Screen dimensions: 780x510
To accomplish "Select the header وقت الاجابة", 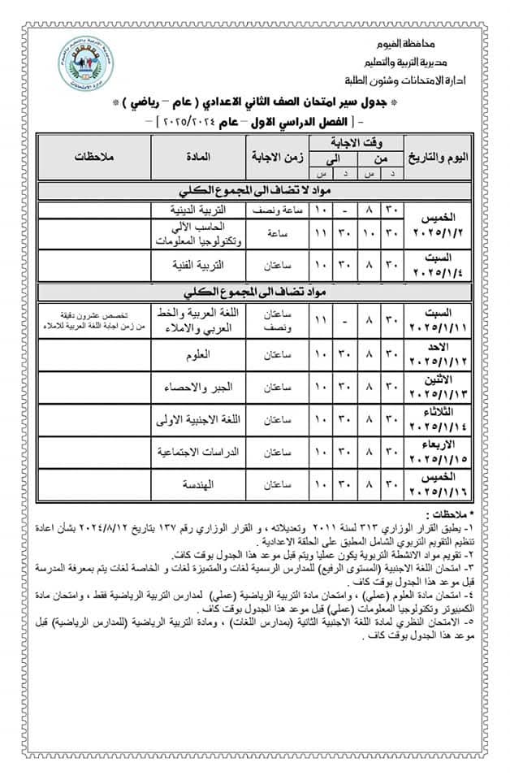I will click(356, 141).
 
